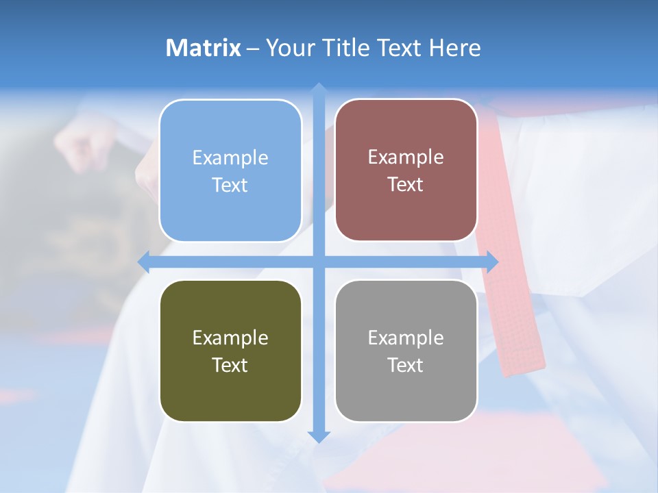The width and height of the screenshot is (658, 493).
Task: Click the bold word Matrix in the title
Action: point(204,48)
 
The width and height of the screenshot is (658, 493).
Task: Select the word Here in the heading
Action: point(454,48)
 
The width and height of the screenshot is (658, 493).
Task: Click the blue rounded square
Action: point(230,170)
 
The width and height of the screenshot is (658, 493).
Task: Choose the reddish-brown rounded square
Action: point(406,170)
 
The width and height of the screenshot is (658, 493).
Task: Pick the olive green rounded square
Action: point(230,351)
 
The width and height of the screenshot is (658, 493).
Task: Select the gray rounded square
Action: point(406,351)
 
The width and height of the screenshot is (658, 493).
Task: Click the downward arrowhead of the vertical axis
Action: point(318,436)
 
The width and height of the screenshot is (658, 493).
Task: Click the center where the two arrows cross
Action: point(318,261)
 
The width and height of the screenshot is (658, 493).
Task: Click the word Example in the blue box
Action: point(230,158)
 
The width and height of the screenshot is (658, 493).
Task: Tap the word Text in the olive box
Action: point(230,365)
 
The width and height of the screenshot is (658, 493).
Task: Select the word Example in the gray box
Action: point(406,338)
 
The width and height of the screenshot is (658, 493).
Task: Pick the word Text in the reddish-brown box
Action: point(406,184)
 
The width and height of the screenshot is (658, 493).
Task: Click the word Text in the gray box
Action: point(406,365)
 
